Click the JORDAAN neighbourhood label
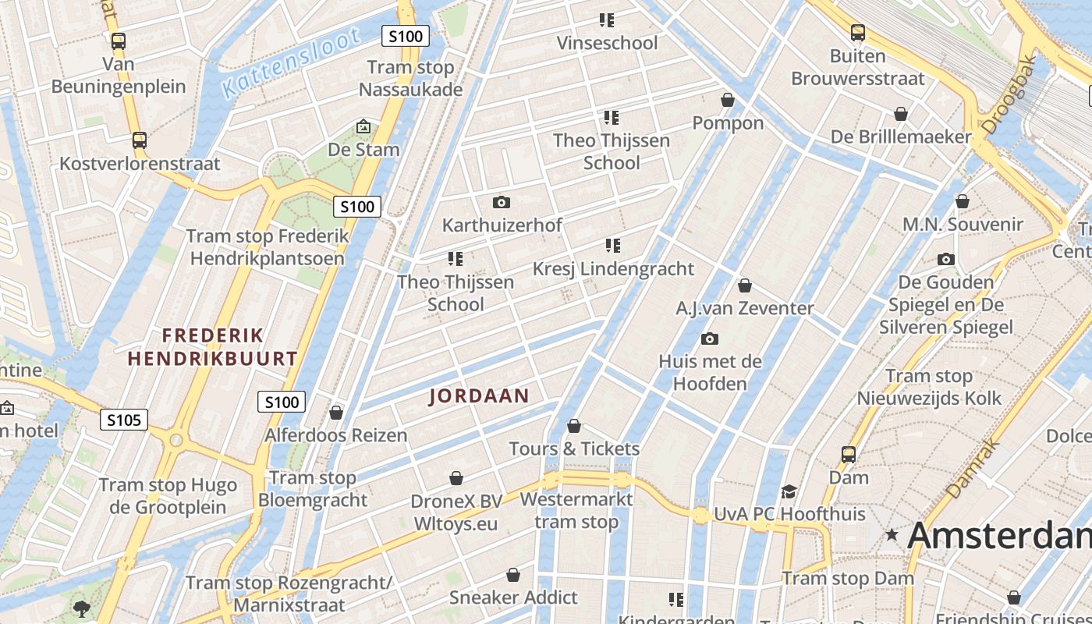(479, 396)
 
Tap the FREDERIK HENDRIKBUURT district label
(212, 347)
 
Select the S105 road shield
(124, 420)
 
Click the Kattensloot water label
(292, 62)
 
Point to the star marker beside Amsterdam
(892, 535)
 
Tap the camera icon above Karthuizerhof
(502, 203)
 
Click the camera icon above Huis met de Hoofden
(709, 339)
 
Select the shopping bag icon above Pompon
(728, 101)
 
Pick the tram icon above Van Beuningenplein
(119, 41)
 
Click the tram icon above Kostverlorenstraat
(140, 140)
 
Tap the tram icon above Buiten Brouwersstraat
(858, 33)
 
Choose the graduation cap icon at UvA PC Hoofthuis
(789, 491)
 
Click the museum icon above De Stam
(363, 126)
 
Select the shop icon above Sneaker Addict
(513, 575)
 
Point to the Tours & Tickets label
(574, 448)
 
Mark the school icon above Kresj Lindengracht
(613, 246)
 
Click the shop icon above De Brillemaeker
(901, 115)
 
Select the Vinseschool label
(607, 43)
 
